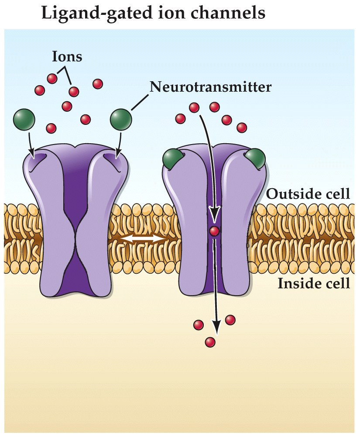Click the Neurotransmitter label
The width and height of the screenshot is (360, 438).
tap(210, 86)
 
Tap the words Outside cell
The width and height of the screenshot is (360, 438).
tap(308, 193)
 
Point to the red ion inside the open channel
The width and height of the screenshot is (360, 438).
tap(214, 231)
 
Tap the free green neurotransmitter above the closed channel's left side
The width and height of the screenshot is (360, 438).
tap(24, 119)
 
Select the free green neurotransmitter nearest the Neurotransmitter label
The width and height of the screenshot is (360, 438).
tap(121, 119)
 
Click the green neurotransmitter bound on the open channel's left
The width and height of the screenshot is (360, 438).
tap(172, 158)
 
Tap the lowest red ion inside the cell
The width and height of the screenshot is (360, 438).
tap(210, 342)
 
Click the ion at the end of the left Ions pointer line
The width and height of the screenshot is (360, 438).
tap(52, 79)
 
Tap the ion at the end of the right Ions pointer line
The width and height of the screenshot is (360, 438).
tap(74, 91)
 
